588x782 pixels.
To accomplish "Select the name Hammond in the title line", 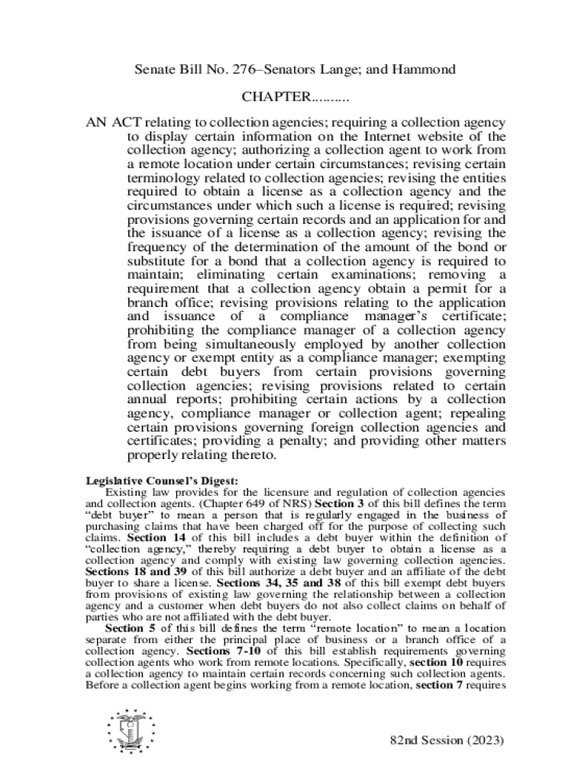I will pyautogui.click(x=423, y=70).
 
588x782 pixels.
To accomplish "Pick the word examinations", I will pyautogui.click(x=384, y=274).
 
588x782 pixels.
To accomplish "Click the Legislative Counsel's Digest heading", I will pyautogui.click(x=162, y=480).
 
